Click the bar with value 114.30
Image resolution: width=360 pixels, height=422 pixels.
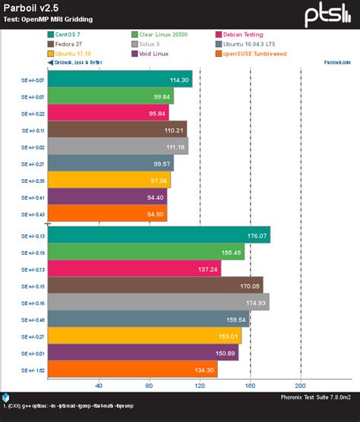pos(120,79)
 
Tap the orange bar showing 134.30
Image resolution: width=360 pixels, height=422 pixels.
pos(132,370)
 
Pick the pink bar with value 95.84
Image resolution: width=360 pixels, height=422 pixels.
pos(108,112)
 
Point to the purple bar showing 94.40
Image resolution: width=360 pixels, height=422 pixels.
pos(107,197)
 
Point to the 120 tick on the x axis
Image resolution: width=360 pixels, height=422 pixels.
pos(200,386)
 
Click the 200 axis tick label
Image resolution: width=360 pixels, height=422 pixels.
pos(300,386)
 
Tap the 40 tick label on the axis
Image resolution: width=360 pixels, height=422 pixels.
pos(99,386)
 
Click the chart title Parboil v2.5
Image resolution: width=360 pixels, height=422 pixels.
pos(31,8)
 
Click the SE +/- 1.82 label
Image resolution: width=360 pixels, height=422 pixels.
pos(30,370)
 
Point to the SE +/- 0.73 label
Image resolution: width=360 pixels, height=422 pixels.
pos(30,269)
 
